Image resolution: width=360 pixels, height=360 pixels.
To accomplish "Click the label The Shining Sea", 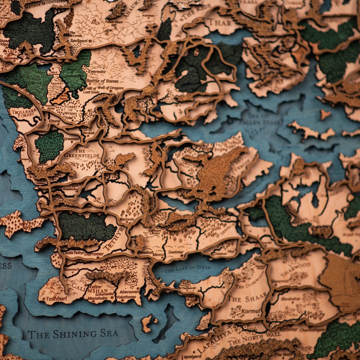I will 73,334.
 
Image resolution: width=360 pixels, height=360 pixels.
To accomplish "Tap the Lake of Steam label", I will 187,268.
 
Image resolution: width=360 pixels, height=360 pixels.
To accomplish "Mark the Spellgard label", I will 79,41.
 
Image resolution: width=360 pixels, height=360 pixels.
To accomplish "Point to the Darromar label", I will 94,254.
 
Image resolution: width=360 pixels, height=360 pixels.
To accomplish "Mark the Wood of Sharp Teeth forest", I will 49,146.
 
